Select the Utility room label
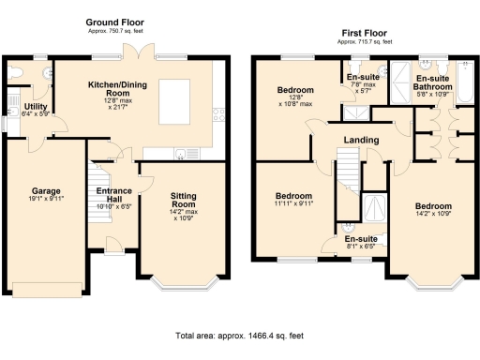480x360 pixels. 36,106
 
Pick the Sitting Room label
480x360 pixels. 183,197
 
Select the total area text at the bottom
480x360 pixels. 239,336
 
